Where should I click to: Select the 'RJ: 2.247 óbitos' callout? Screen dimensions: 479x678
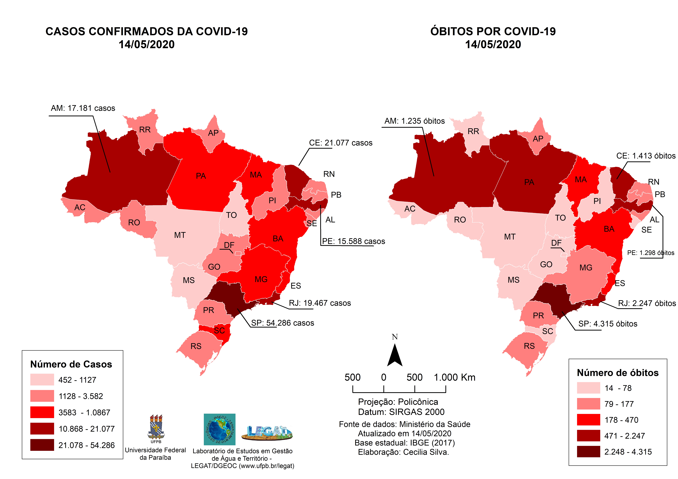click(x=647, y=303)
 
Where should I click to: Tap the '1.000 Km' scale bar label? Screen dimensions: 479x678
click(x=454, y=377)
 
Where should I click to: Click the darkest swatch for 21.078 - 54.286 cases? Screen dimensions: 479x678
click(x=42, y=445)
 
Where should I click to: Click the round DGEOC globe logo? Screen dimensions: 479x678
click(x=219, y=429)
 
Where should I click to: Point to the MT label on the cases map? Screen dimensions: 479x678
click(x=180, y=235)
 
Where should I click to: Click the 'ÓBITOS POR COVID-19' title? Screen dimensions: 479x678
click(x=493, y=31)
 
